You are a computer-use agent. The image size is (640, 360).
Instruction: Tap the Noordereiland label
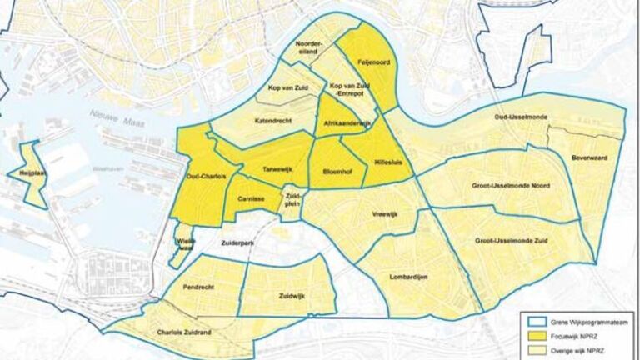pyautogui.click(x=310, y=48)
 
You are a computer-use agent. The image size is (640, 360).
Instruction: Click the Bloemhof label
pyautogui.click(x=334, y=172)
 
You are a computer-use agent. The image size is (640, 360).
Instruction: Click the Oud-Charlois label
pyautogui.click(x=200, y=175)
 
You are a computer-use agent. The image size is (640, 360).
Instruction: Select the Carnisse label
pyautogui.click(x=250, y=200)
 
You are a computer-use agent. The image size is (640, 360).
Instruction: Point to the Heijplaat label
pyautogui.click(x=22, y=172)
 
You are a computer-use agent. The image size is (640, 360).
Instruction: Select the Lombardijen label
pyautogui.click(x=408, y=277)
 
